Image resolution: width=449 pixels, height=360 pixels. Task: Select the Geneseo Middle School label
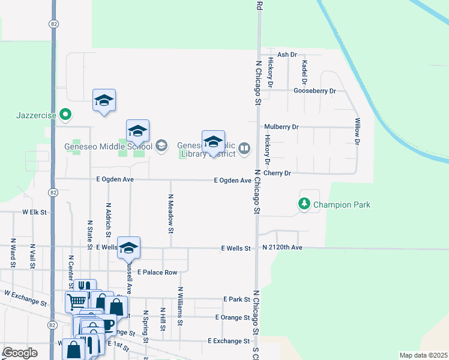(108, 146)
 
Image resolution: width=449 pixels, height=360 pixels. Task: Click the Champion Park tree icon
(304, 205)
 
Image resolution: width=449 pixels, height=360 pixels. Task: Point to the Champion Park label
(342, 205)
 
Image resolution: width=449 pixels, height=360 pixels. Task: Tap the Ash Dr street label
(288, 55)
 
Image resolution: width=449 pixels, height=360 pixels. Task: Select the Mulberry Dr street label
(281, 127)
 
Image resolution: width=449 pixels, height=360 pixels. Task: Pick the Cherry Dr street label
(277, 173)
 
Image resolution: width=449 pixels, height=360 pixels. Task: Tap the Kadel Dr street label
(304, 72)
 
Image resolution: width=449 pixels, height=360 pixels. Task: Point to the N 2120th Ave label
(282, 247)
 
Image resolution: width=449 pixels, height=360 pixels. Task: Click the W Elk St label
(34, 212)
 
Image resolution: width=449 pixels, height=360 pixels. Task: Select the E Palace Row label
(157, 272)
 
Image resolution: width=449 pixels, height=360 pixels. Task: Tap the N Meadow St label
(170, 214)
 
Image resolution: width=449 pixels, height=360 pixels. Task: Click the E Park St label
(236, 299)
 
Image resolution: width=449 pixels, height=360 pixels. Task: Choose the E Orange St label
(232, 317)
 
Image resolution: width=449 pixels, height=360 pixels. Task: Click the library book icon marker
(244, 148)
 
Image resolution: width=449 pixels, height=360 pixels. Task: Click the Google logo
(20, 353)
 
